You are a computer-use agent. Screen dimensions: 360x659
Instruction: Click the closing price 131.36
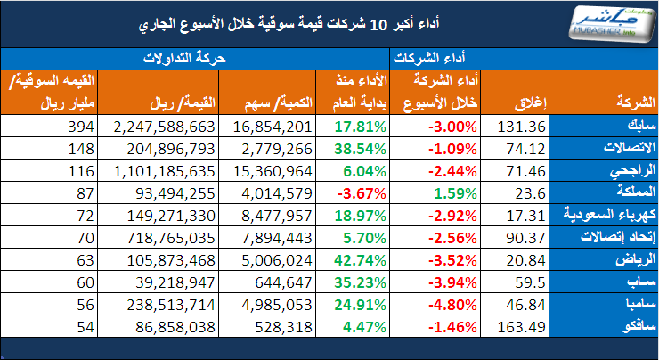[519, 126]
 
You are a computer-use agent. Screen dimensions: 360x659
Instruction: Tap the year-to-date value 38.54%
[361, 147]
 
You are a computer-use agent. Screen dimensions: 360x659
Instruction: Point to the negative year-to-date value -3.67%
[361, 191]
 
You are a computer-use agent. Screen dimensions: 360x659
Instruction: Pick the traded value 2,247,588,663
[166, 126]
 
